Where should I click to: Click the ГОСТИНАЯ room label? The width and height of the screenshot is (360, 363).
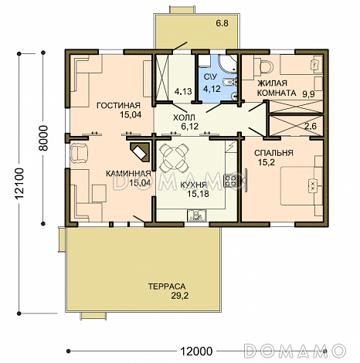coord(118,105)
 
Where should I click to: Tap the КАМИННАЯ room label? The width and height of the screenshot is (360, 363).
coord(128,174)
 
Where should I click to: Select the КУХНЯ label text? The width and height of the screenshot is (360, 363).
coord(193,185)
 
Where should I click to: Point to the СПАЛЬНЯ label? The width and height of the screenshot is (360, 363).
coord(273,153)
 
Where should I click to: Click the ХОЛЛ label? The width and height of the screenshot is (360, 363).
coord(184,117)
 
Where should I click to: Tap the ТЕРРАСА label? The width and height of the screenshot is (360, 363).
coord(167,287)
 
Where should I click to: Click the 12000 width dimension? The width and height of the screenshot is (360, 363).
coord(196,351)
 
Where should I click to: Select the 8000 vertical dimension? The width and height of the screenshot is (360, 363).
coord(44,138)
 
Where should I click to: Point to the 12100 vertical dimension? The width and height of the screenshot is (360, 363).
coord(19,183)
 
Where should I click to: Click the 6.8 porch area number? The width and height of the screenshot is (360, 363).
coord(222,23)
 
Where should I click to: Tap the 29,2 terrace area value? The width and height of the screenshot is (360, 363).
coord(180,296)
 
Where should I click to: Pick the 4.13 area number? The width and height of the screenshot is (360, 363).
coord(183,91)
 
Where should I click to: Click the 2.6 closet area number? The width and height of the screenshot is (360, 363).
coord(311,126)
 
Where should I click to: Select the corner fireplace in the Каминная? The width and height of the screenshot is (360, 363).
coord(140,152)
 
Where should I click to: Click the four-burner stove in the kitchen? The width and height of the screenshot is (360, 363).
coord(230,181)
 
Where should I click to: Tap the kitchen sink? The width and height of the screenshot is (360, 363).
coord(197,215)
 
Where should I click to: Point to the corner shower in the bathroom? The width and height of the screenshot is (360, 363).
coord(227,63)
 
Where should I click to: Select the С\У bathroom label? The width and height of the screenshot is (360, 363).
coord(210,76)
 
